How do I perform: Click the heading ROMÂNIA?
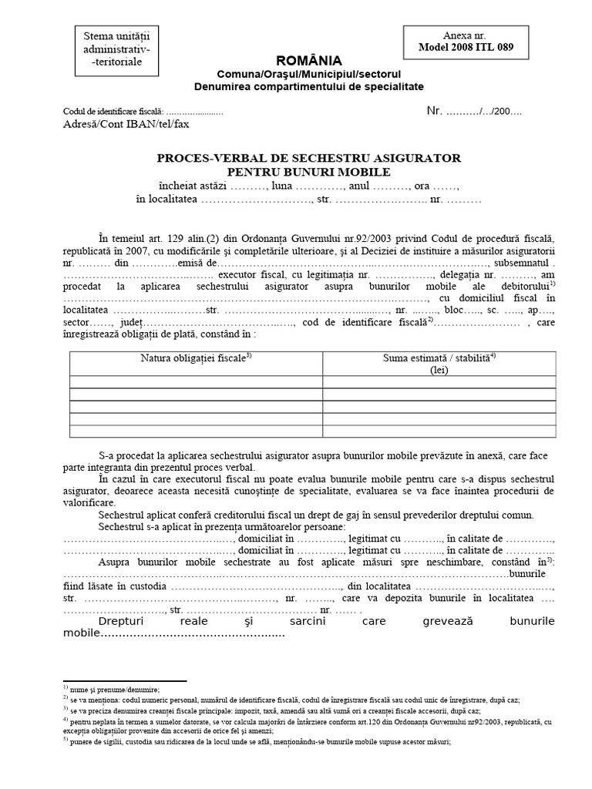tap(308, 61)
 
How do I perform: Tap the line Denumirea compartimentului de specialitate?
tap(308, 86)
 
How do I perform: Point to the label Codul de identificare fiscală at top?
tap(108, 111)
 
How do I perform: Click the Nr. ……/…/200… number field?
tap(474, 111)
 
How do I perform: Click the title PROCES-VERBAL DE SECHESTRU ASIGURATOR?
tap(308, 158)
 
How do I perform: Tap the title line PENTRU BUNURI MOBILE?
tap(308, 171)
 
